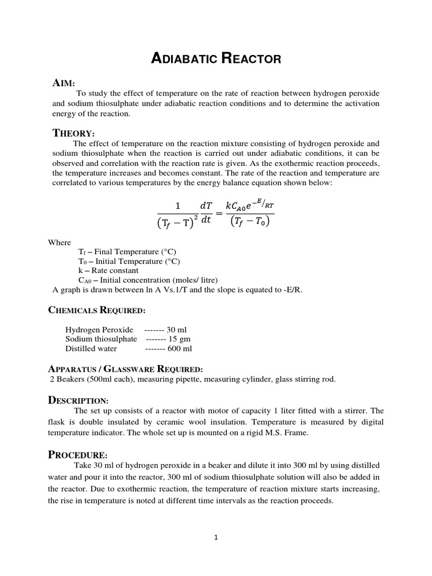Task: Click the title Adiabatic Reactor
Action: point(216,58)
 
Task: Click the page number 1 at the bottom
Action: point(215,537)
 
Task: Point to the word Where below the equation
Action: point(60,242)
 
